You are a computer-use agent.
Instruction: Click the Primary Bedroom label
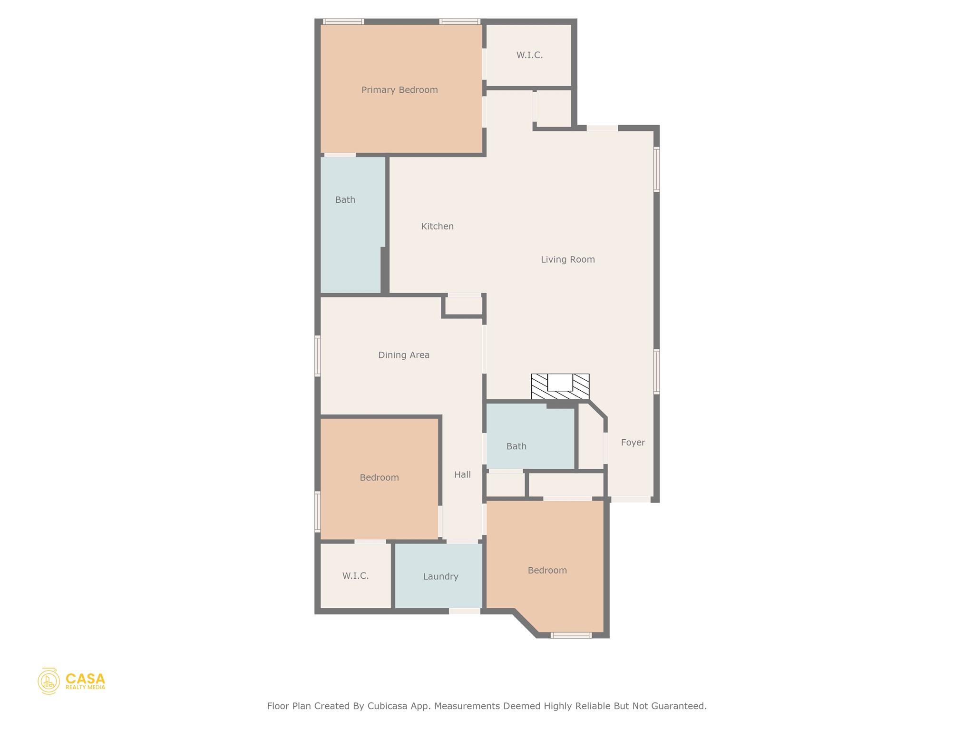tap(399, 90)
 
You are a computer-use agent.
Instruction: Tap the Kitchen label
tap(437, 227)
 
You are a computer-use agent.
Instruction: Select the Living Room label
tap(568, 259)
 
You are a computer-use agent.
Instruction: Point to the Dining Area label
tap(404, 355)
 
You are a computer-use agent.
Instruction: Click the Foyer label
tap(633, 443)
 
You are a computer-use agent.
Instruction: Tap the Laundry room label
tap(440, 576)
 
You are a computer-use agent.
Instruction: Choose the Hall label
tap(462, 474)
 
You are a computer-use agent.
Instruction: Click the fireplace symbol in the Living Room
tap(560, 386)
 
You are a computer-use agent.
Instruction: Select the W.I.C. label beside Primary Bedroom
tap(529, 55)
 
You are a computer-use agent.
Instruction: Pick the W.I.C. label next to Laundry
tap(355, 576)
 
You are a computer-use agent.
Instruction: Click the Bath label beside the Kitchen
tap(345, 200)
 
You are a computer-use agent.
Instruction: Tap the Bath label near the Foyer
tap(516, 446)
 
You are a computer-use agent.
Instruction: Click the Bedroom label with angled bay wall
tap(547, 570)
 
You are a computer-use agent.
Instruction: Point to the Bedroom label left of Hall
tap(379, 477)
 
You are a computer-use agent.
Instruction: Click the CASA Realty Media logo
tap(71, 681)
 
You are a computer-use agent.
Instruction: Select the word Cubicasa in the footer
tap(387, 706)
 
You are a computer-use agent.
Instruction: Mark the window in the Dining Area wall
tap(318, 356)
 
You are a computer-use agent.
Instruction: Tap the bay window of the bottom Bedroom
tap(571, 635)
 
